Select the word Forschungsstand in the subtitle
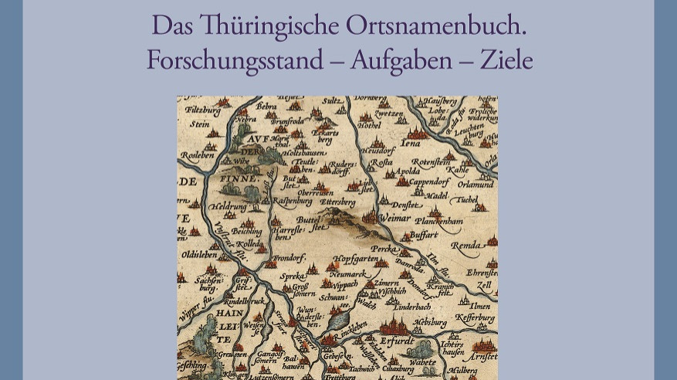click(242, 59)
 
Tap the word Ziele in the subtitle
click(506, 59)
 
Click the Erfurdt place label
click(397, 341)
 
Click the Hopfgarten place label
click(355, 260)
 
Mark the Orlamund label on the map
click(476, 185)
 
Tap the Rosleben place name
click(198, 154)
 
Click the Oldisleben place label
click(202, 254)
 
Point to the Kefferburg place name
click(474, 317)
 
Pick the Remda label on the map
click(466, 245)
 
